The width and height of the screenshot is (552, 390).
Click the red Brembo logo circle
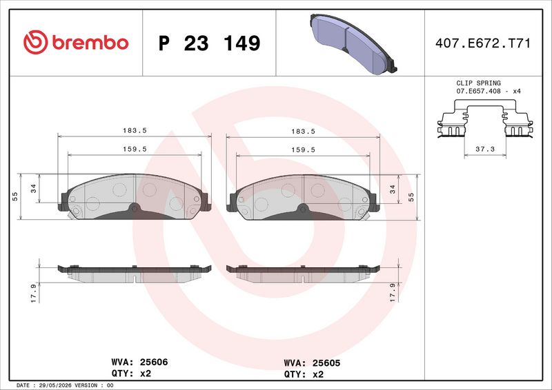[x=36, y=42]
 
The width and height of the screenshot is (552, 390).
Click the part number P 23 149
[x=210, y=43]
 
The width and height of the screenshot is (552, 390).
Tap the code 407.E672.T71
[x=482, y=43]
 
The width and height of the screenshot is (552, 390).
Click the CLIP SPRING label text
[x=478, y=83]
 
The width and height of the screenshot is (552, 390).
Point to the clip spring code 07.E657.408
[x=478, y=91]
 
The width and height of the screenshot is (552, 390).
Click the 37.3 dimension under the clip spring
[x=485, y=149]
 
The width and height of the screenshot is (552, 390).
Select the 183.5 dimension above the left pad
[x=135, y=130]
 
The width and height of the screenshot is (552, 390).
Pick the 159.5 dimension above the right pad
[x=303, y=150]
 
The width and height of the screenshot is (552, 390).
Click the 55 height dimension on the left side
[x=14, y=196]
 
